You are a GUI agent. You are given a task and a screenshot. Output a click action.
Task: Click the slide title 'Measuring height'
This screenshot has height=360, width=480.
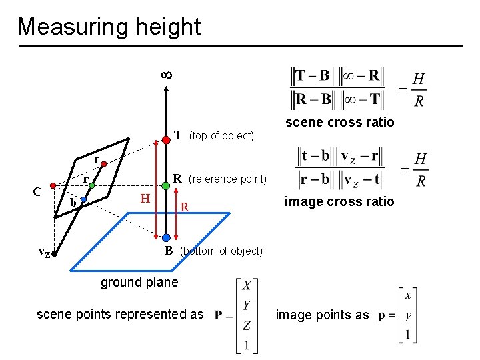(109, 27)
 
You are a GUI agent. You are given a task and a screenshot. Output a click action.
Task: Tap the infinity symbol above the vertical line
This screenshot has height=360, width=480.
(166, 75)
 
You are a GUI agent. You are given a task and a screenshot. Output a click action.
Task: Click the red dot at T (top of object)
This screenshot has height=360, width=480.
(165, 140)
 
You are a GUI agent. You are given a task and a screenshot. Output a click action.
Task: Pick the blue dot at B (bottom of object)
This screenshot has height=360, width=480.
(165, 237)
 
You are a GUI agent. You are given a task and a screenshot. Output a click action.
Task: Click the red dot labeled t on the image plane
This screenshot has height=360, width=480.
(105, 163)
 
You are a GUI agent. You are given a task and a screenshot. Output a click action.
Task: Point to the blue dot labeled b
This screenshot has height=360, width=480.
(83, 199)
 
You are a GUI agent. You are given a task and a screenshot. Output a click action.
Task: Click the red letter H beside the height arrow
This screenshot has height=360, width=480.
(145, 198)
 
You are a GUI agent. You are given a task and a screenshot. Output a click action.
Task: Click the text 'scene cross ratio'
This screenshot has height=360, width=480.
(339, 122)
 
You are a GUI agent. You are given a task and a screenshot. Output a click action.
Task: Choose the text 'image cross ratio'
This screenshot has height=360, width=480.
(339, 201)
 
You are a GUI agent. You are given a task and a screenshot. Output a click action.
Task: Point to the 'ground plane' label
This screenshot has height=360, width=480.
(139, 282)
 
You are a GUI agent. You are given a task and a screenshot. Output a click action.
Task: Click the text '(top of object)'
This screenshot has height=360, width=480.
(221, 136)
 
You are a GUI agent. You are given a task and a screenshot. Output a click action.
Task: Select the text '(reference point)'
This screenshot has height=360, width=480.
(227, 179)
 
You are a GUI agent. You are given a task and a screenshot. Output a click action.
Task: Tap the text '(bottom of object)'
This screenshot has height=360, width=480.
(221, 251)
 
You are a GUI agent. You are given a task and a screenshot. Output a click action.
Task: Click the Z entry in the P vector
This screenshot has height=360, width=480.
(247, 325)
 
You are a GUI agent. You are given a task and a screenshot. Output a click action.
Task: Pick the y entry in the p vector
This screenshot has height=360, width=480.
(407, 315)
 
